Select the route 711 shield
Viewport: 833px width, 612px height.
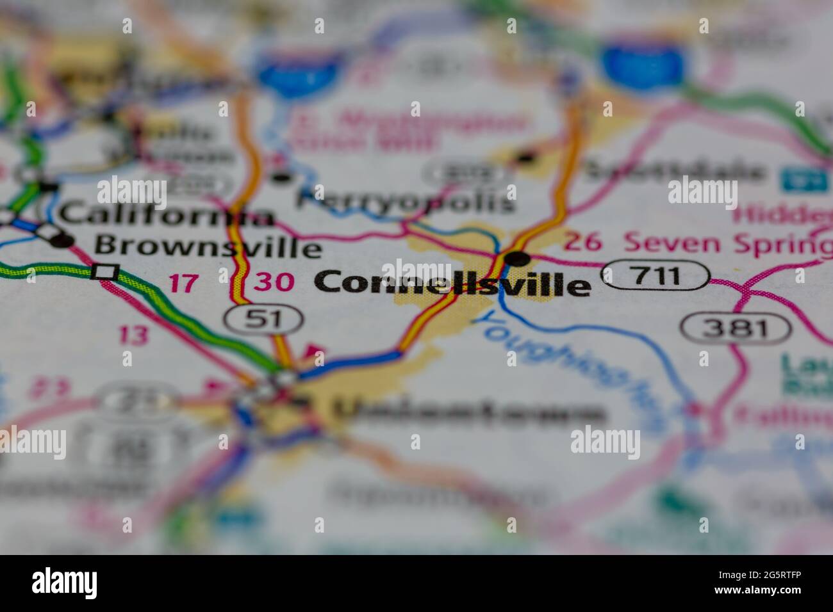click(656, 276)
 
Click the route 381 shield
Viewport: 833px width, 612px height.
click(735, 328)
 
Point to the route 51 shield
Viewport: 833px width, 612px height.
click(263, 318)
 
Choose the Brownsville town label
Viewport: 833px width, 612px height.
click(208, 246)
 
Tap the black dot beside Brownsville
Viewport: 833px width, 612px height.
click(63, 241)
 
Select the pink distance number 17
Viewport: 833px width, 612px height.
click(184, 283)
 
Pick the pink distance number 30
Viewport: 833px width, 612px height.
click(274, 282)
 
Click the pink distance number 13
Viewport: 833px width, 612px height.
click(133, 334)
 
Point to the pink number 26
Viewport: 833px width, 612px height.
click(583, 242)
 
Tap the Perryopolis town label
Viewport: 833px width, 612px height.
click(405, 201)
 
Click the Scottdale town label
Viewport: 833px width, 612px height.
click(675, 171)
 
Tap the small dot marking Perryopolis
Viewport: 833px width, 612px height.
click(283, 177)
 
